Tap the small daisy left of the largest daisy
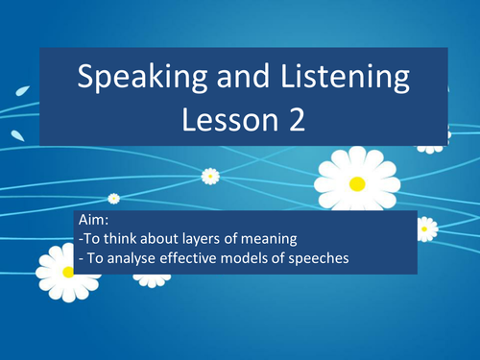coord(210,176)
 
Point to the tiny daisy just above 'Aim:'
coord(113,199)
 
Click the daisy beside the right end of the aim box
coord(426,228)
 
